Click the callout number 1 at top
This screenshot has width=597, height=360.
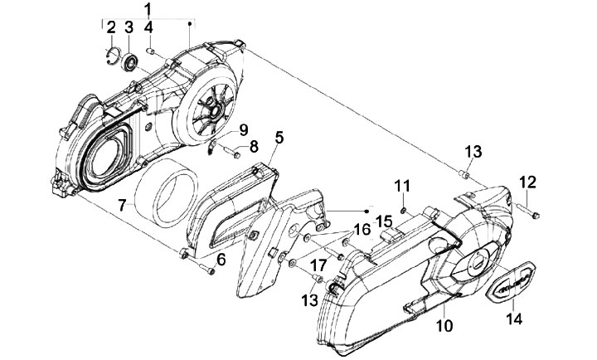[148, 9]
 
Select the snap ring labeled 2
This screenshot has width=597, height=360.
[112, 56]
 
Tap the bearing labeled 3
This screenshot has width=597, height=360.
[129, 62]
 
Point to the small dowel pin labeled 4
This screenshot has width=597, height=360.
[150, 51]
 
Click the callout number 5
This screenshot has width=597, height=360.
[279, 138]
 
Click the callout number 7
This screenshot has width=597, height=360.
[122, 206]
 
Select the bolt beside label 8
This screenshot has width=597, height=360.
[231, 152]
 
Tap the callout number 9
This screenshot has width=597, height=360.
[244, 130]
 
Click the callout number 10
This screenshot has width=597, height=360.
[444, 326]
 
